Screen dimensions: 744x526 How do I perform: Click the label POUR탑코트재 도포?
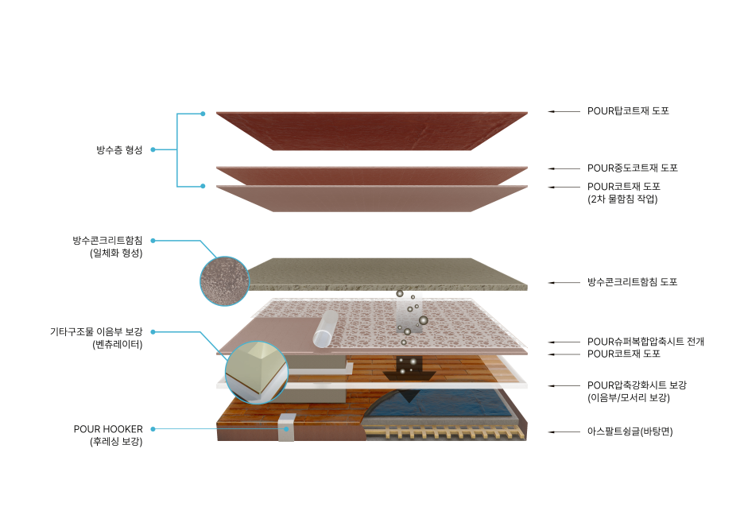pyautogui.click(x=628, y=111)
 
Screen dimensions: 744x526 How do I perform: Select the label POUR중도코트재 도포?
pyautogui.click(x=632, y=168)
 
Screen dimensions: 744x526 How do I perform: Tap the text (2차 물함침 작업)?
pyautogui.click(x=622, y=199)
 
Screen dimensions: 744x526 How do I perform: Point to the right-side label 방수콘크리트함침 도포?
pyautogui.click(x=632, y=282)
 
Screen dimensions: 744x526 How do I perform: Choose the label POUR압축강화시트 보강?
pyautogui.click(x=637, y=385)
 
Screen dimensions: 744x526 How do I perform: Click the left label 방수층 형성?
pyautogui.click(x=119, y=149)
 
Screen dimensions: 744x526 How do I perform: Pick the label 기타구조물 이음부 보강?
pyautogui.click(x=96, y=331)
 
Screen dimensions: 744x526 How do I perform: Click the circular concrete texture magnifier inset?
pyautogui.click(x=224, y=281)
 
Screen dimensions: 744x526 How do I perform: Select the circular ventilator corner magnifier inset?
pyautogui.click(x=256, y=373)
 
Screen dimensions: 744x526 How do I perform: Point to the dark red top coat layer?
pyautogui.click(x=371, y=130)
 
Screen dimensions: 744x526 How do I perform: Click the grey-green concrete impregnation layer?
pyautogui.click(x=387, y=273)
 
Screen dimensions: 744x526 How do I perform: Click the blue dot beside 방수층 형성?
pyautogui.click(x=153, y=149)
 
